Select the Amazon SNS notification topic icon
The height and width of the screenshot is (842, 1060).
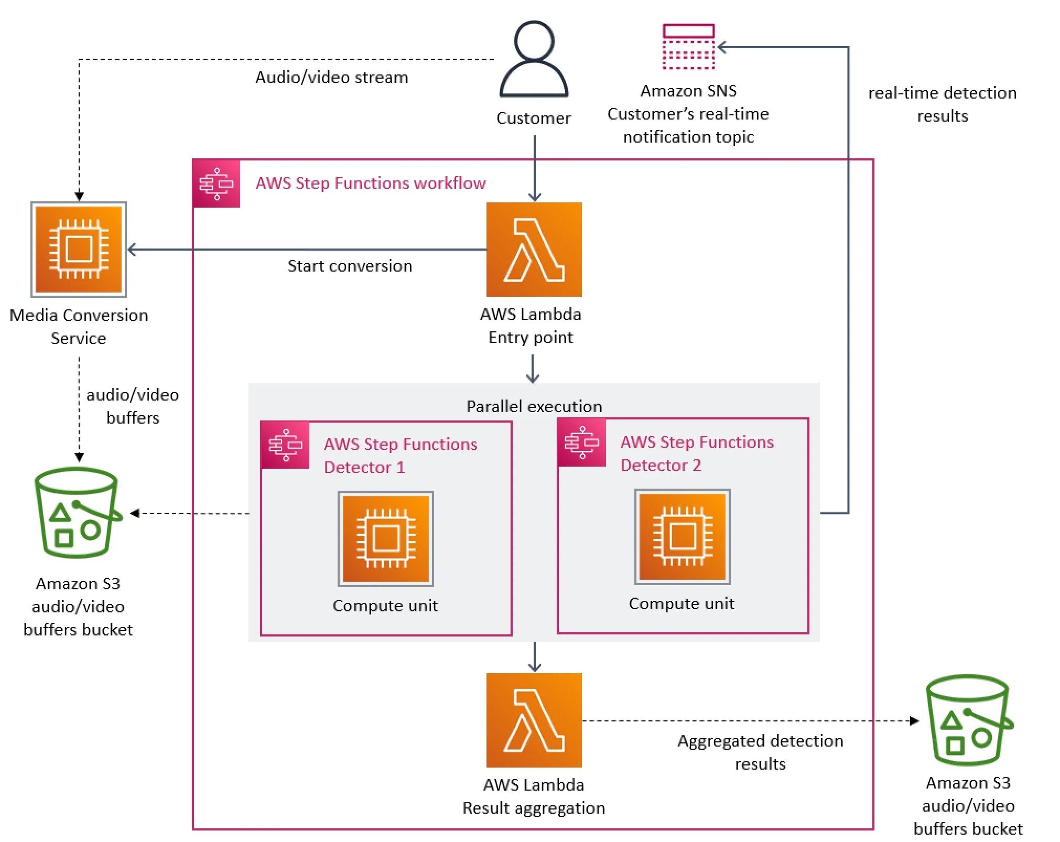pyautogui.click(x=688, y=47)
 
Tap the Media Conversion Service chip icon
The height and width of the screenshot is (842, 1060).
pyautogui.click(x=79, y=249)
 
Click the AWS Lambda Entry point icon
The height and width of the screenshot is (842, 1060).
pyautogui.click(x=534, y=249)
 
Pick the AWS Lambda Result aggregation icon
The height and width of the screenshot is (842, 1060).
pyautogui.click(x=534, y=720)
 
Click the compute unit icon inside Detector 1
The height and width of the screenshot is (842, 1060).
pyautogui.click(x=385, y=538)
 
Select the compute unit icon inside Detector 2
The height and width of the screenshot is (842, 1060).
pyautogui.click(x=682, y=536)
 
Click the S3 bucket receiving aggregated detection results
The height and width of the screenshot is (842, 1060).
pyautogui.click(x=968, y=720)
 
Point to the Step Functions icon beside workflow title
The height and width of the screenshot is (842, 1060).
pyautogui.click(x=216, y=183)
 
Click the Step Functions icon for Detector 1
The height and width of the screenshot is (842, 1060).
pyautogui.click(x=285, y=445)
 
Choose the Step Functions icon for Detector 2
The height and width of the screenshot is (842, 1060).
pyautogui.click(x=581, y=442)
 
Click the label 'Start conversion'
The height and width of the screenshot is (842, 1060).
pyautogui.click(x=350, y=266)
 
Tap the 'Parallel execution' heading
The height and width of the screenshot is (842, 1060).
pyautogui.click(x=534, y=406)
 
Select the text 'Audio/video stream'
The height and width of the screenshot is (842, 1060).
pyautogui.click(x=331, y=77)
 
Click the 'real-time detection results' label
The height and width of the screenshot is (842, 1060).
pyautogui.click(x=942, y=104)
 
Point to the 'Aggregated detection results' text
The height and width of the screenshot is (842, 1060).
pyautogui.click(x=760, y=752)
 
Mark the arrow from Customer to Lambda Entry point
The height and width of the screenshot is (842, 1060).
pyautogui.click(x=534, y=168)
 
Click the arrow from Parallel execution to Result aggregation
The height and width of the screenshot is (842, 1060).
pyautogui.click(x=534, y=656)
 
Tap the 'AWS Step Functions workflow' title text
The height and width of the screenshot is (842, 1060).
pyautogui.click(x=370, y=183)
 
